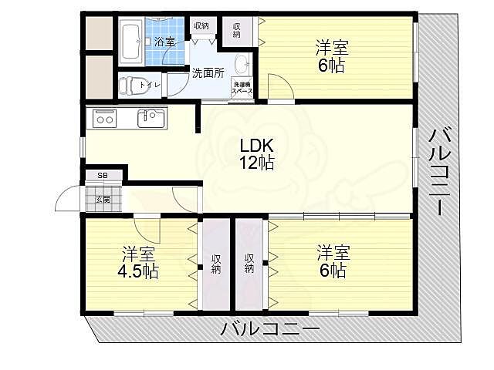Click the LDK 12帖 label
coord(256,153)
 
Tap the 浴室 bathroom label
coord(164,42)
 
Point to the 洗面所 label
coord(208,74)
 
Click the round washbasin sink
coord(241,62)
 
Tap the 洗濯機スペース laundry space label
coord(243,88)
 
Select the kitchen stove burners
coord(104,119)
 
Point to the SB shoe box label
coord(103,175)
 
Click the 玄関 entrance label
coord(103,199)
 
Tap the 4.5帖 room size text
coord(140,271)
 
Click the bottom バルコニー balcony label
coord(269,329)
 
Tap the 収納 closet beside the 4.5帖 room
coord(216,264)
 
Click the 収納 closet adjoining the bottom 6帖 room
coord(250,264)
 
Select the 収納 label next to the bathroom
coord(201,26)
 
